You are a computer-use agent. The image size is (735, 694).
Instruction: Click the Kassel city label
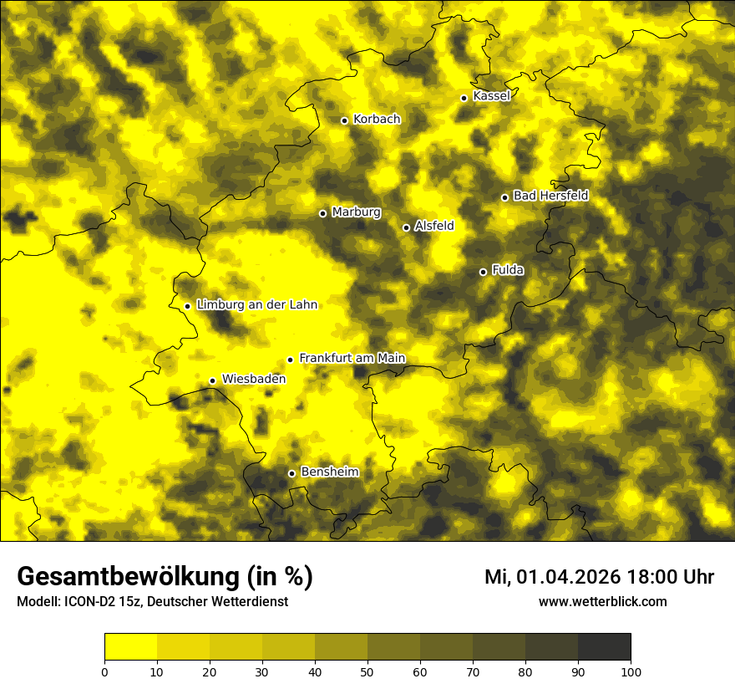[x=491, y=96]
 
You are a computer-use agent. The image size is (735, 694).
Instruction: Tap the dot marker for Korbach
[x=344, y=120]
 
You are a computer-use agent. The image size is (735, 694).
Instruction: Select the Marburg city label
[x=356, y=212]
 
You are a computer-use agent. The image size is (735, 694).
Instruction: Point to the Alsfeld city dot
[x=406, y=227]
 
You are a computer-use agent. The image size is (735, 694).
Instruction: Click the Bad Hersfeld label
[x=550, y=196]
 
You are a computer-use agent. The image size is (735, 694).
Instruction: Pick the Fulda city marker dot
[x=483, y=272]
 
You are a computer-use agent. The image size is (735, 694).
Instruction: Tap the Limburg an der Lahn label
[x=257, y=305]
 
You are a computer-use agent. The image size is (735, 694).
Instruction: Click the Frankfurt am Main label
[x=352, y=358]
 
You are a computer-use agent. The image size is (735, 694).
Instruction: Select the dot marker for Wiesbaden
[x=212, y=381]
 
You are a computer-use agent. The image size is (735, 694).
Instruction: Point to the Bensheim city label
[x=329, y=472]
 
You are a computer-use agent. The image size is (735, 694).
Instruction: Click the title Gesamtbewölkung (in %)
[x=165, y=577]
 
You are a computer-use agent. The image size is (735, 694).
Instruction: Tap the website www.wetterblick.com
[x=602, y=601]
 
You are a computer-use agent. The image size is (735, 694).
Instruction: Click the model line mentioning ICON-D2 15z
[x=152, y=602]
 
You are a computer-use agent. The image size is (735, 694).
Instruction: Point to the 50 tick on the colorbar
[x=367, y=671]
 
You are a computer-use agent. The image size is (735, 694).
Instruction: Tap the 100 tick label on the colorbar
[x=631, y=671]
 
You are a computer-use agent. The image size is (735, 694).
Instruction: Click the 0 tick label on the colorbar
[x=104, y=671]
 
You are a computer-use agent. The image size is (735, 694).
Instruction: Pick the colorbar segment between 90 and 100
[x=604, y=647]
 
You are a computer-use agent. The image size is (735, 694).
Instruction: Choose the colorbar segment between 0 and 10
[x=130, y=647]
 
